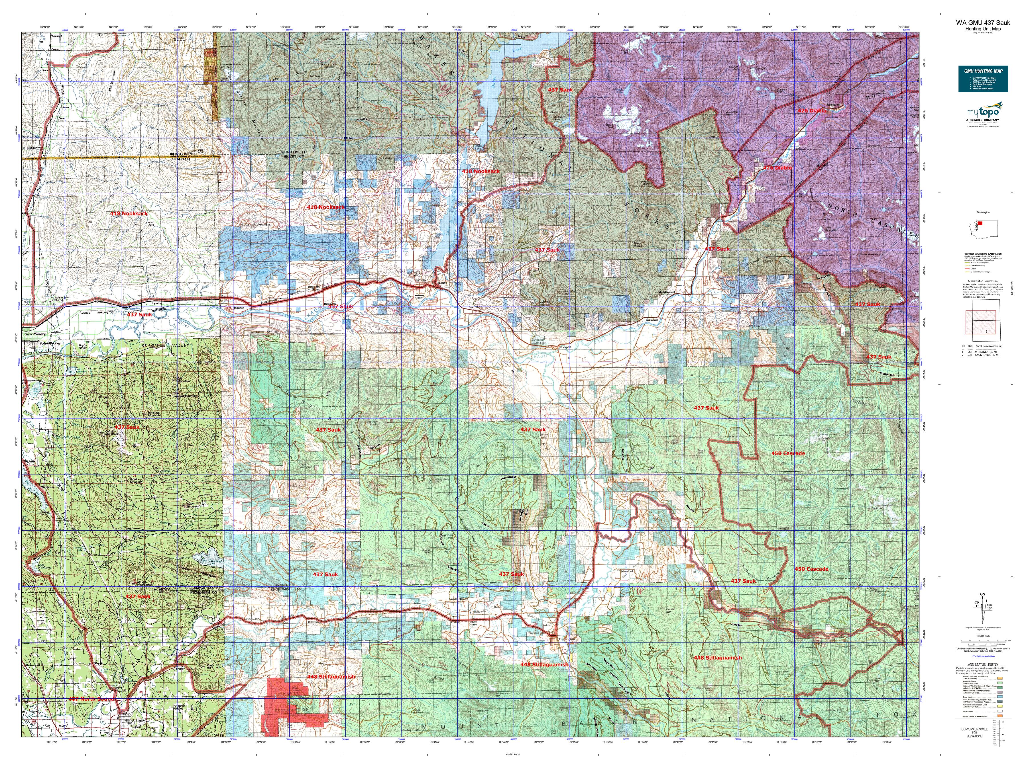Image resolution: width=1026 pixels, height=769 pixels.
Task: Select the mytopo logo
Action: point(979,114)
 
